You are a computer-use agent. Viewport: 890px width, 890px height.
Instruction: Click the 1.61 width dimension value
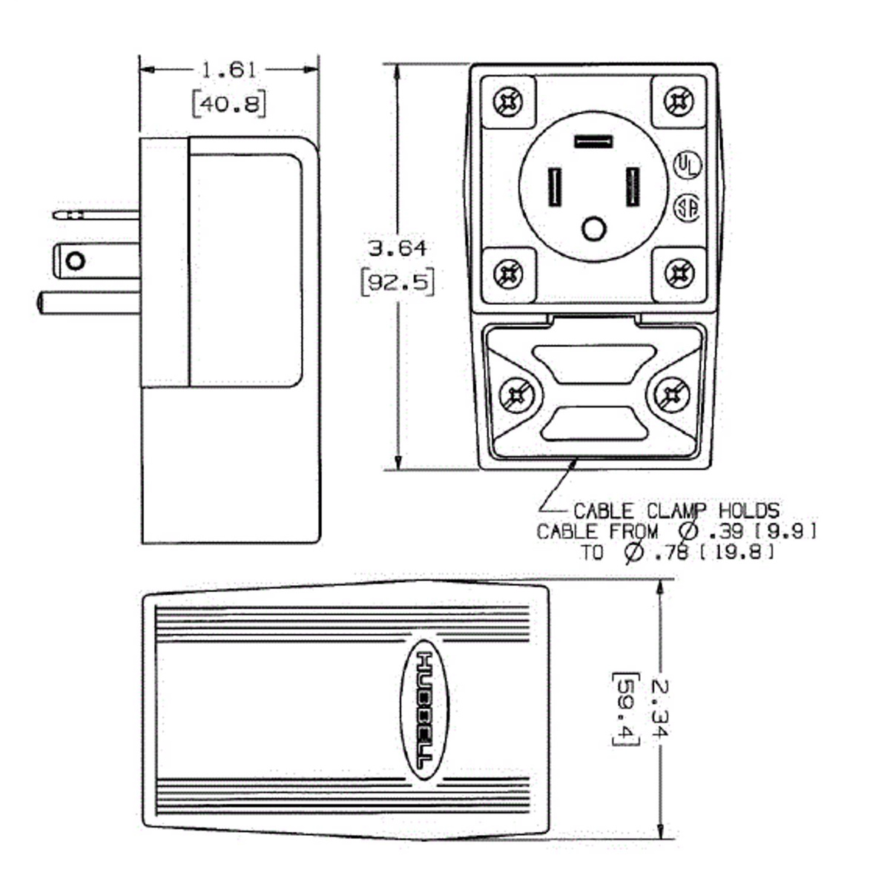228,70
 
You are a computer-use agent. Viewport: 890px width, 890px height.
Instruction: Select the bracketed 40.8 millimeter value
228,104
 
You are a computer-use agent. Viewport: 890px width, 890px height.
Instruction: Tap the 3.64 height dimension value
398,248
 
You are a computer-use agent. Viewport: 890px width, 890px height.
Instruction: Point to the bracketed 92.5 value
398,283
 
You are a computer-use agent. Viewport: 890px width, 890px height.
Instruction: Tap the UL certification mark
687,165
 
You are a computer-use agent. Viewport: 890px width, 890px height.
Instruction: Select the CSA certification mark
687,208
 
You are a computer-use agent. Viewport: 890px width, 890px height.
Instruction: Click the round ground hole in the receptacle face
593,229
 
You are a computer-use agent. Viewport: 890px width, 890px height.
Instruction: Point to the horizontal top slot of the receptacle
593,141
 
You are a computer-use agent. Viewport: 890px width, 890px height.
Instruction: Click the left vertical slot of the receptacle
554,188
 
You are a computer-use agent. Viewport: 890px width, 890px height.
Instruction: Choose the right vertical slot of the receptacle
633,188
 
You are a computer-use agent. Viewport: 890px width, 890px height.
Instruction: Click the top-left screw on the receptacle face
509,102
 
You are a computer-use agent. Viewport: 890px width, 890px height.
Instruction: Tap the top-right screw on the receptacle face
678,102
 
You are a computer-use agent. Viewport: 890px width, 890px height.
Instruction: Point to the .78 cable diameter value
673,553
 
